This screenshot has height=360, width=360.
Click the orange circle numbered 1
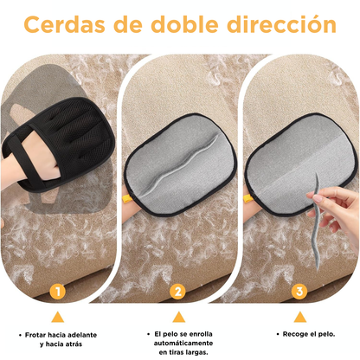pos(58,291)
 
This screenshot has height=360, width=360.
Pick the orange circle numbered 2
pos(179,291)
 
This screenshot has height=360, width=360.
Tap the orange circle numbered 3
pos(300,291)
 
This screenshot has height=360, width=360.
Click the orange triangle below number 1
pos(58,316)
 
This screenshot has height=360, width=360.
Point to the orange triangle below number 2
pos(179,316)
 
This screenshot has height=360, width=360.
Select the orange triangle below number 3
pos(300,316)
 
